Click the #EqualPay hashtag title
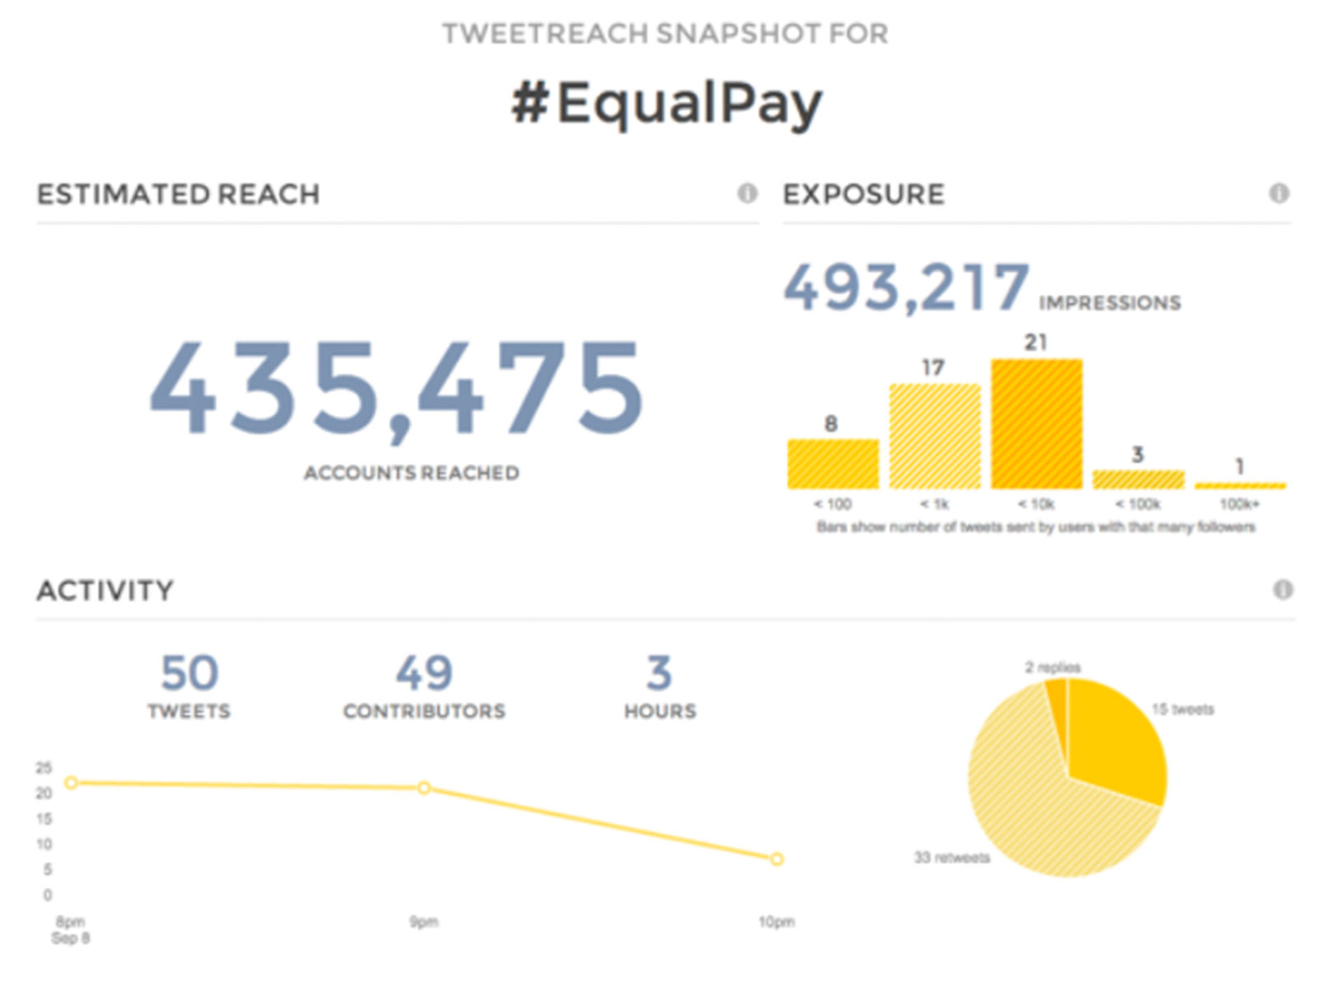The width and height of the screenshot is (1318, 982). point(666,105)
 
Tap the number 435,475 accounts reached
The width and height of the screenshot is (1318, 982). point(395,387)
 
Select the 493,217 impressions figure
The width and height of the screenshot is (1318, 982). point(906,288)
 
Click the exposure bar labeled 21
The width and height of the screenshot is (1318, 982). point(1036,424)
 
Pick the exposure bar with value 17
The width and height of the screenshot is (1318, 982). point(934,437)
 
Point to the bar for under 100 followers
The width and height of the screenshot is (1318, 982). point(833,464)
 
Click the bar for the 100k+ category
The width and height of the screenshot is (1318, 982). point(1240,485)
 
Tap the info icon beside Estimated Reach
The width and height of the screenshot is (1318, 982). point(747,194)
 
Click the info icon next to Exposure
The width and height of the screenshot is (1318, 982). point(1278,194)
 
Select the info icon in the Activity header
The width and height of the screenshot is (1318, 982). point(1283,590)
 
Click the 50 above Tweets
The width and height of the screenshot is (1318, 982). point(189,673)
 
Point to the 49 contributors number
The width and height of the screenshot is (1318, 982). point(424,673)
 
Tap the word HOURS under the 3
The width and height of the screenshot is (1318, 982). point(660,711)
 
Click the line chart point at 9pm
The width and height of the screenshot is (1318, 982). point(423,788)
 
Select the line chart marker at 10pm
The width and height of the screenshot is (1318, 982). point(776,859)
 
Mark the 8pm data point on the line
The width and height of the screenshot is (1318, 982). point(72,783)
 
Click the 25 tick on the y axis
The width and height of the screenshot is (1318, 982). point(44,768)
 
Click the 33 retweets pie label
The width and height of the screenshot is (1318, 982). point(951,858)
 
